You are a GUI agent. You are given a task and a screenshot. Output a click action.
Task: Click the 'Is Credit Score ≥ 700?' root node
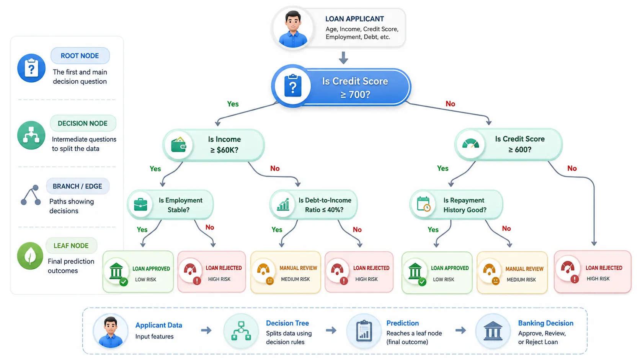click(x=341, y=86)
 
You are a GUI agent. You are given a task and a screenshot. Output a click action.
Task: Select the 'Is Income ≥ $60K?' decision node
click(x=214, y=145)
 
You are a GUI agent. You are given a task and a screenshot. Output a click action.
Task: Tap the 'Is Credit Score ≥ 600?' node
click(x=509, y=145)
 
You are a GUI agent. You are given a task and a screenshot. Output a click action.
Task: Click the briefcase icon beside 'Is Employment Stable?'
click(x=140, y=205)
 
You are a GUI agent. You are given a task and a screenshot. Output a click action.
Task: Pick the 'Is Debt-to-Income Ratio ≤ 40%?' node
click(x=313, y=205)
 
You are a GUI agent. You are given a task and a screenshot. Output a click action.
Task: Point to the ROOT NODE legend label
click(x=80, y=56)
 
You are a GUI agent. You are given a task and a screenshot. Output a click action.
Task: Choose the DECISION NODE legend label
click(x=83, y=123)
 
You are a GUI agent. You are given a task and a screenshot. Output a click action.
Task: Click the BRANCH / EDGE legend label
click(x=77, y=186)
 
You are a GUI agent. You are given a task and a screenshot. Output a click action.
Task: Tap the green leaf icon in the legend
click(x=30, y=256)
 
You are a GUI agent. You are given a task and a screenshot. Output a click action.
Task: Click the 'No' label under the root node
click(x=450, y=104)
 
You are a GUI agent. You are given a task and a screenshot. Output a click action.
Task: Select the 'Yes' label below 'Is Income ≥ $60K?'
click(x=155, y=169)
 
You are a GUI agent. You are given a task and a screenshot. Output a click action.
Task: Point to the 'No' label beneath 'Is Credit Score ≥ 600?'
click(x=572, y=168)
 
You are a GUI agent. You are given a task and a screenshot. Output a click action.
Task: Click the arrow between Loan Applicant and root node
click(x=343, y=58)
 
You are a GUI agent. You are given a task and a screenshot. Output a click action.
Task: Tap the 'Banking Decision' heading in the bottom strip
click(x=546, y=323)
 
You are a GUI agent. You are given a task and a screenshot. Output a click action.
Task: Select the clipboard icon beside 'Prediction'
click(x=364, y=331)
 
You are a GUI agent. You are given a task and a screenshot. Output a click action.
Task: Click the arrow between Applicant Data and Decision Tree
click(x=206, y=330)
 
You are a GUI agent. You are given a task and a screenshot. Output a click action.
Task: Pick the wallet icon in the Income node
click(x=179, y=145)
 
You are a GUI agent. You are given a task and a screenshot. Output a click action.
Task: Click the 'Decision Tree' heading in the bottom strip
click(x=287, y=323)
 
